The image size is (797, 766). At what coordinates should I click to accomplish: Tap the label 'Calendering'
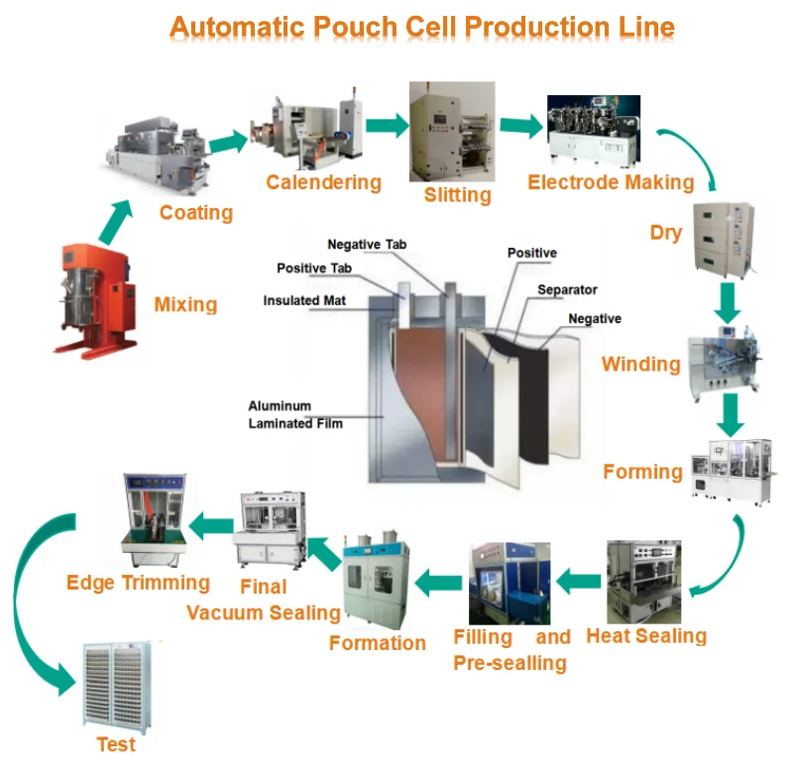pos(323,182)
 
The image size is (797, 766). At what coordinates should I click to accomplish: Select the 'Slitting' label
pos(457,194)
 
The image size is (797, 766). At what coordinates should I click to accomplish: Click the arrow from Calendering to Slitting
pos(387,126)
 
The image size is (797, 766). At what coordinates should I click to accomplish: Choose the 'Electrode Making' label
pos(610,182)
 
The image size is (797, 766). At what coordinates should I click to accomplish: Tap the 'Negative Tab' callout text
pos(367,245)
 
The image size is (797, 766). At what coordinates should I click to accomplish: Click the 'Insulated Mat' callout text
pos(304,300)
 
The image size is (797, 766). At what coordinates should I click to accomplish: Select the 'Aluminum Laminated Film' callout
pos(295,415)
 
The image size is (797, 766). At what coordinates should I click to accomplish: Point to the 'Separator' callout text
pos(567,290)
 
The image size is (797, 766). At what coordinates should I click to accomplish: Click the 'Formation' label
pos(377,643)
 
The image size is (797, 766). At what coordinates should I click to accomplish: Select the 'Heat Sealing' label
pos(646,635)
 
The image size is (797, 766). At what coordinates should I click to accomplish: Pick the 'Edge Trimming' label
pos(138,583)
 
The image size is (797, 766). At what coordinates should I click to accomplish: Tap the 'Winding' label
pos(640,365)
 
